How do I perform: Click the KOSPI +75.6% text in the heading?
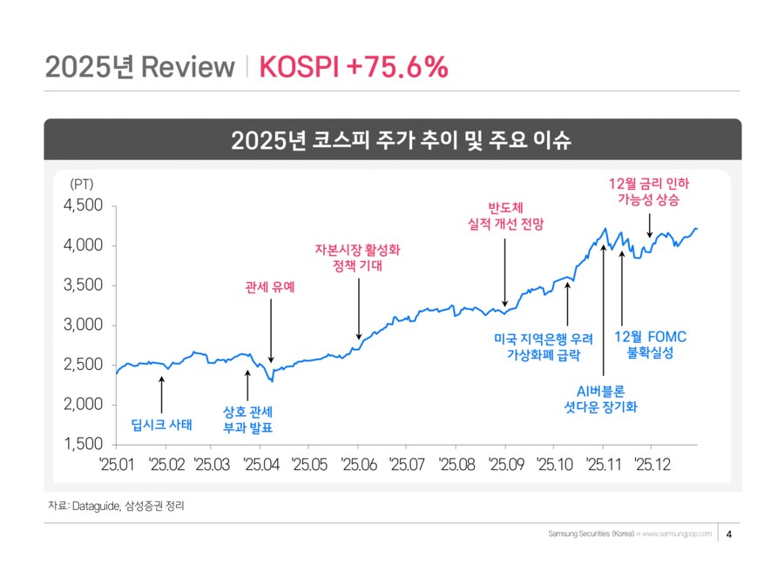click(354, 67)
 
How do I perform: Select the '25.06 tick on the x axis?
click(358, 464)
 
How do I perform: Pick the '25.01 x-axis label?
click(116, 464)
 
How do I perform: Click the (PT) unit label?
click(80, 184)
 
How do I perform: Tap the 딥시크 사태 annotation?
click(161, 425)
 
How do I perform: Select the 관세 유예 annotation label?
click(270, 285)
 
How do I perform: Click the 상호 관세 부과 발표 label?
click(248, 419)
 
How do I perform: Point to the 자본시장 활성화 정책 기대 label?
click(358, 257)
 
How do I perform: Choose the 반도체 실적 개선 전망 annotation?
click(505, 216)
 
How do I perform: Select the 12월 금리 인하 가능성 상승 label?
click(649, 191)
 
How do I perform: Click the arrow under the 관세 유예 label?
click(271, 331)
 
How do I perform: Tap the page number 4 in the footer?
click(728, 534)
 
